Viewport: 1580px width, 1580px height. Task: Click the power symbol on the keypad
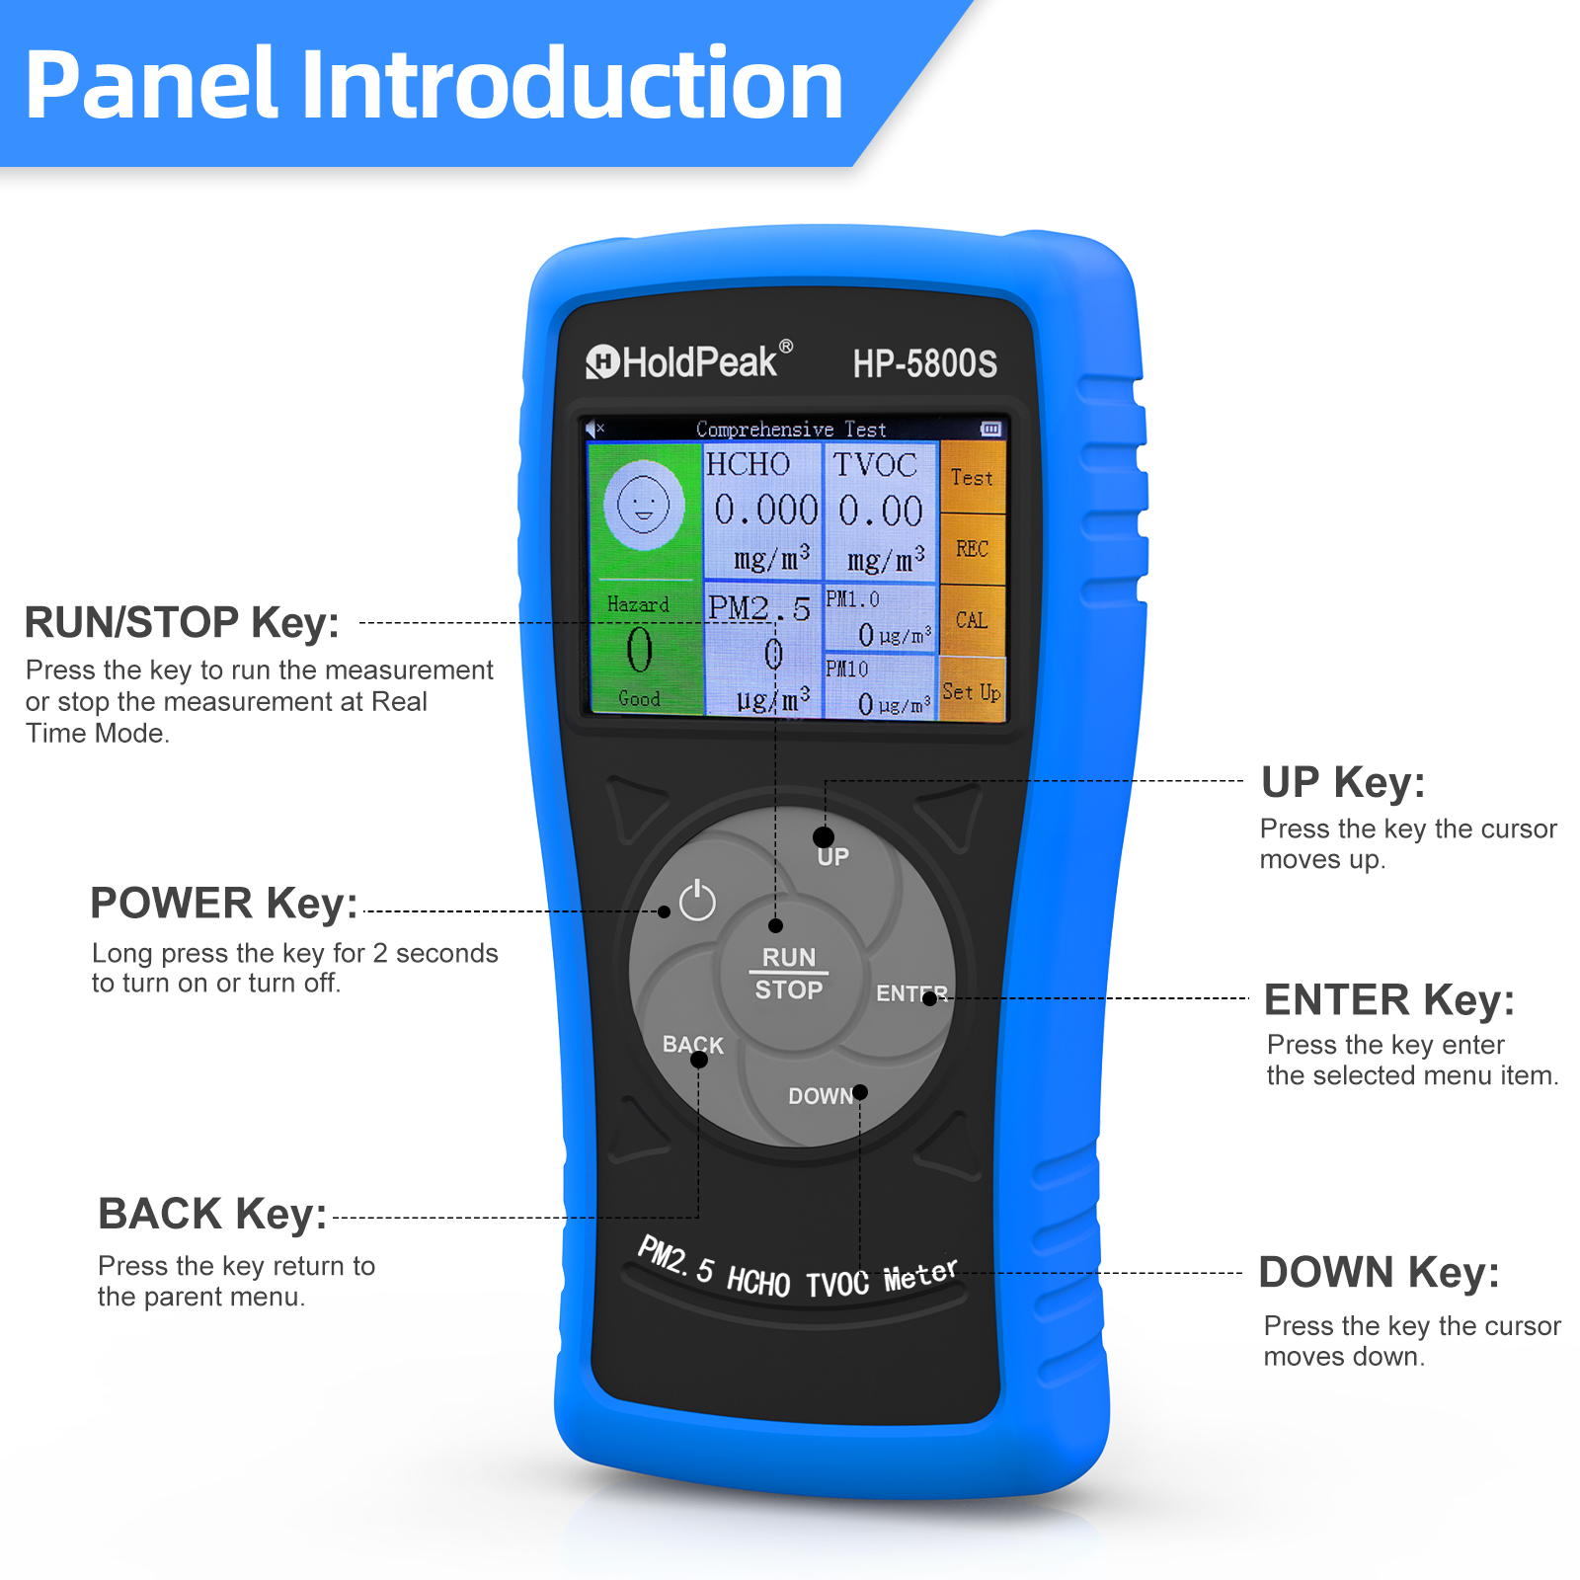697,900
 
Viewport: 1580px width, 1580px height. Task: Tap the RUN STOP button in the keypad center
789,974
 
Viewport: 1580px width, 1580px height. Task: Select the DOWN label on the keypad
821,1096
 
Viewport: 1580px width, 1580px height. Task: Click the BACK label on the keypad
693,1045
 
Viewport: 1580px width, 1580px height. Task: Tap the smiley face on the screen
643,505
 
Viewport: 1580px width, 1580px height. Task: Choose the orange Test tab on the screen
972,478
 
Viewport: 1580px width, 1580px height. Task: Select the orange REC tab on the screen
972,549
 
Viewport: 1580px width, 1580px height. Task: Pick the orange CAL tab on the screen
972,620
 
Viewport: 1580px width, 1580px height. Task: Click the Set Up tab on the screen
972,691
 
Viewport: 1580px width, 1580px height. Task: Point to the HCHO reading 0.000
766,511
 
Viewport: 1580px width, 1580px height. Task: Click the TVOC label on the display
875,465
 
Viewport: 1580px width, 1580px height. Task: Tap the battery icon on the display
990,429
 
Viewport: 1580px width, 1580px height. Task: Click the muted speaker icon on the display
594,429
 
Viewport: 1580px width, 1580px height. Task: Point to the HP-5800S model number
925,363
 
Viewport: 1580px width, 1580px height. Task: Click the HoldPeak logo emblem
601,362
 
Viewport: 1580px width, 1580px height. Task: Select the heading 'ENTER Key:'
1389,1000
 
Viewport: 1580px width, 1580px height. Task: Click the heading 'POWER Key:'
224,904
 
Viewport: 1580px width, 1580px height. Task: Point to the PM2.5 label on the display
759,608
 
